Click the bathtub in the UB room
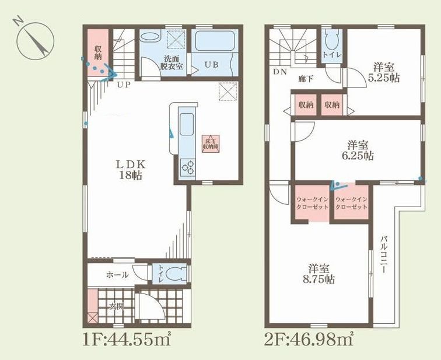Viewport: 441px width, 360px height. click(x=214, y=43)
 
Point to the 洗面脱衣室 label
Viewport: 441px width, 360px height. click(x=172, y=62)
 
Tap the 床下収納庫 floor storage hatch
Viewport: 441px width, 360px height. click(x=210, y=143)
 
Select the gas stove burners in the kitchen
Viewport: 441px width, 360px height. click(x=189, y=168)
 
